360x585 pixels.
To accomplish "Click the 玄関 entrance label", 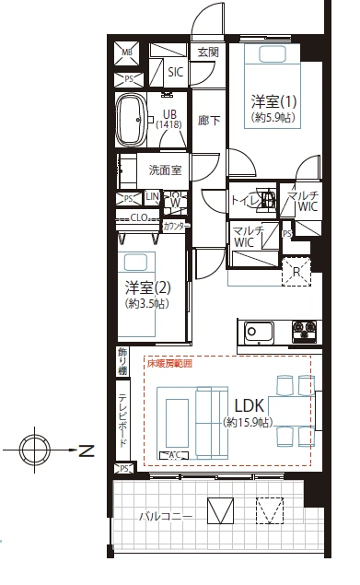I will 207,53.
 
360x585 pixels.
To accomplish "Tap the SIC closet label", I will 176,72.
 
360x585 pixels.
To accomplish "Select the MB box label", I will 128,53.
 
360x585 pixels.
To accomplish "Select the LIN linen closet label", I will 151,197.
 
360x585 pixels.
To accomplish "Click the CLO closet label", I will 139,217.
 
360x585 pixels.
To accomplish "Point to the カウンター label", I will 176,226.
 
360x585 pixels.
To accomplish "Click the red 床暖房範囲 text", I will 170,363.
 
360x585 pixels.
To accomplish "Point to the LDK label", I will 250,405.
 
